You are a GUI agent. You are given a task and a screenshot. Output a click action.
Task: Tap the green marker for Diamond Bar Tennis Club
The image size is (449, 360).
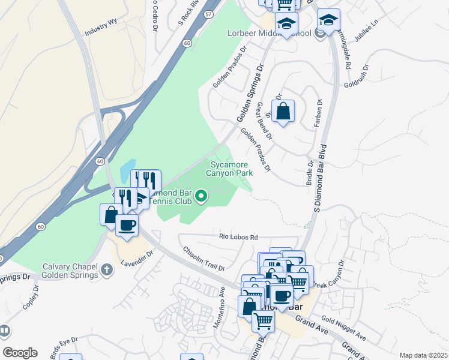(x=202, y=196)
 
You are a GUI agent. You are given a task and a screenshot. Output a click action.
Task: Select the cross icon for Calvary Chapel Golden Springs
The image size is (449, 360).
(x=107, y=271)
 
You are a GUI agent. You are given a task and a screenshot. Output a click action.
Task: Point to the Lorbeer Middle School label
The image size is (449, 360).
(x=269, y=33)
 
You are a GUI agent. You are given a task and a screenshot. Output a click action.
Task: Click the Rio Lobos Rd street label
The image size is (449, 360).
(x=238, y=237)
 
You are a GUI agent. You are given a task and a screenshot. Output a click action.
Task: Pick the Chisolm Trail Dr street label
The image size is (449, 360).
(x=203, y=259)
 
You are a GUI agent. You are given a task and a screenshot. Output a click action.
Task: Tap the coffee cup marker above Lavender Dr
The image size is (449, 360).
(x=127, y=226)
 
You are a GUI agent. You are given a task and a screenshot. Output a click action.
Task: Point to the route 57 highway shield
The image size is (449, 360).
(x=208, y=13)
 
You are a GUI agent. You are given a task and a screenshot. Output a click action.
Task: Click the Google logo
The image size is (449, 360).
(x=20, y=353)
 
